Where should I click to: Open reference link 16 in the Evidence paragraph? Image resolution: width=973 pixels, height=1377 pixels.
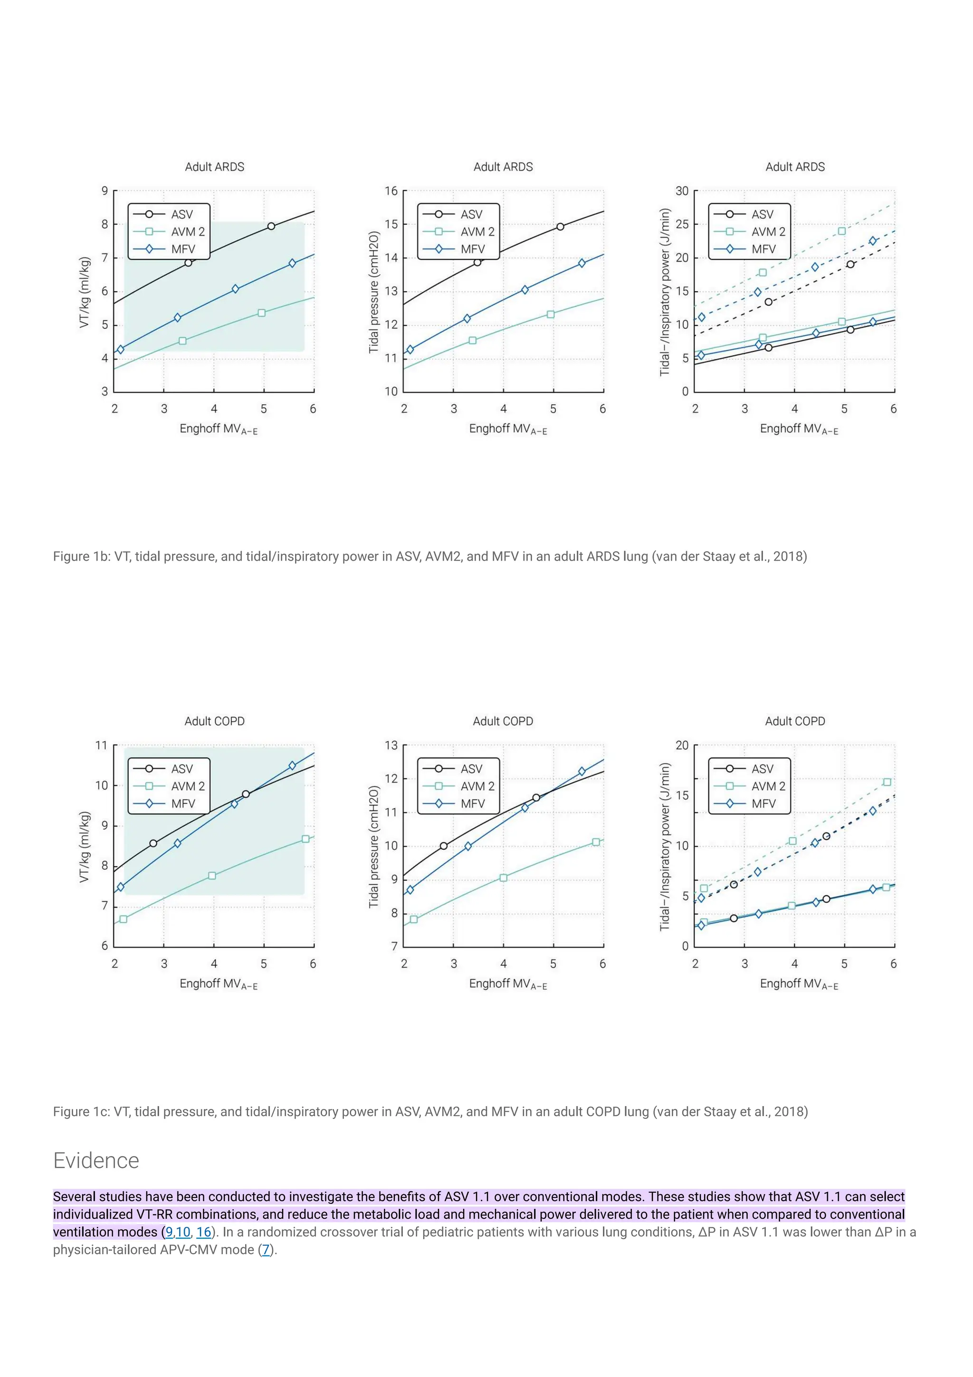click(204, 1232)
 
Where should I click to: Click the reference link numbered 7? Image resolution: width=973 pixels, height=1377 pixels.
click(266, 1249)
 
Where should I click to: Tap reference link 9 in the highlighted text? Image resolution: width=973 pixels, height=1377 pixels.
click(169, 1232)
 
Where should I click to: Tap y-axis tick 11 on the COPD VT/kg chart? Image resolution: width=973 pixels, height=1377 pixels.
click(101, 746)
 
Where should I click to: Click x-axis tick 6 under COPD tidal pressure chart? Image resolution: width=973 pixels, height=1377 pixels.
click(602, 963)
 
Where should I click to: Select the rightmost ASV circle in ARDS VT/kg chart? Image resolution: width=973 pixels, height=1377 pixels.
click(271, 226)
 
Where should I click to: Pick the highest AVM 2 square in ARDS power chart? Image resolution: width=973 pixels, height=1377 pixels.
click(842, 231)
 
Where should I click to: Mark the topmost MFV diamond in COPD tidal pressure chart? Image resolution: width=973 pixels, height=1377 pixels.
click(582, 771)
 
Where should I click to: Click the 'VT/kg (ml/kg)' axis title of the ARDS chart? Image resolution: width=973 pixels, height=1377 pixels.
click(85, 292)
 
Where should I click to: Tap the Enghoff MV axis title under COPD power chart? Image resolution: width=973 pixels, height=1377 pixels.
click(799, 984)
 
